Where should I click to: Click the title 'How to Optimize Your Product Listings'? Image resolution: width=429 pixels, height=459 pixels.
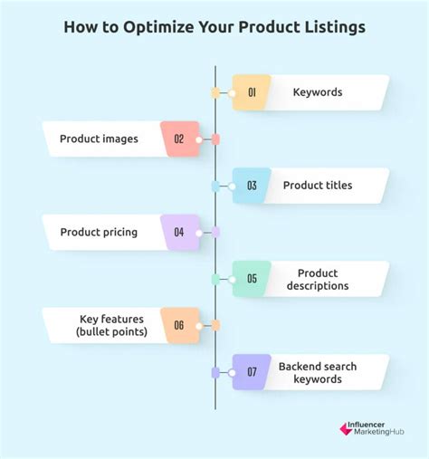point(214,26)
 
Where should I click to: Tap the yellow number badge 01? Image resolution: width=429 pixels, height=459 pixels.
point(252,92)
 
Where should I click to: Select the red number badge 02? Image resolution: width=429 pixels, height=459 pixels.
point(179,139)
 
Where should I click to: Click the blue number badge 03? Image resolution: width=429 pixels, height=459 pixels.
point(252,186)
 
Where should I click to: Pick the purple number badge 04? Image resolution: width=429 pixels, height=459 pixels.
point(179,233)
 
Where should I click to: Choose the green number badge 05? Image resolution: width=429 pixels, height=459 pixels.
point(252,279)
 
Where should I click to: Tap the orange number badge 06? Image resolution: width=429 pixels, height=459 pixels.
point(179,325)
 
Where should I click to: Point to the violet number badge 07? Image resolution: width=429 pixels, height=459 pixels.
point(252,372)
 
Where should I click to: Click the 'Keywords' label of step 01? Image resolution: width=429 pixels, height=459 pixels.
point(318,92)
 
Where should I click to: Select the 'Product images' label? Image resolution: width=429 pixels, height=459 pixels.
point(99,139)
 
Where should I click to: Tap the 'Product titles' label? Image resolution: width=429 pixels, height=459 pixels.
point(318,186)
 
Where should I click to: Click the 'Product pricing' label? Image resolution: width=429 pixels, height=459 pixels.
point(99,233)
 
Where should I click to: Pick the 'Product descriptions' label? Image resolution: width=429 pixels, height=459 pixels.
point(318,279)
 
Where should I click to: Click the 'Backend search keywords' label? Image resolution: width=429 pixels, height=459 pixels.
point(318,372)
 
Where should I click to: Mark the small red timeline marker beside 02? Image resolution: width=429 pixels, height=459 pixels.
point(215,139)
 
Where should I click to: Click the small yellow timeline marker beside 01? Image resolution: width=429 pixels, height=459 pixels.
point(215,92)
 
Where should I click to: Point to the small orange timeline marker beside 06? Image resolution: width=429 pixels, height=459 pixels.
point(215,325)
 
